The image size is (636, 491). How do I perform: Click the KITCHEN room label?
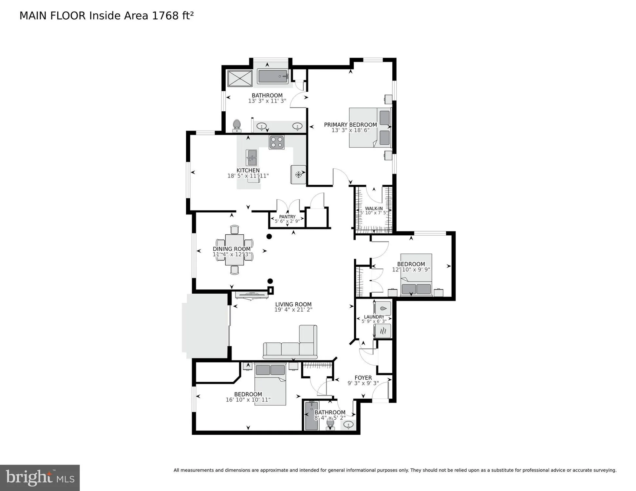click(248, 170)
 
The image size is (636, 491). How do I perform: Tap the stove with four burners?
click(277, 142)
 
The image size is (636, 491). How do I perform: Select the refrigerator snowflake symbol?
click(298, 174)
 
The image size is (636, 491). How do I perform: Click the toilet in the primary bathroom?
click(237, 126)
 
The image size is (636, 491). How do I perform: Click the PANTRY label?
click(287, 217)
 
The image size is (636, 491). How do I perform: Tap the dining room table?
click(234, 250)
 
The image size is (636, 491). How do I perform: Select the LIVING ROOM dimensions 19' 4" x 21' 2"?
click(293, 310)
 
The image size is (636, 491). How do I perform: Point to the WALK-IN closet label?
click(374, 209)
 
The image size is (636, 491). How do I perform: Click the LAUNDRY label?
click(374, 317)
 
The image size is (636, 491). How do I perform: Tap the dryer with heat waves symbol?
click(383, 331)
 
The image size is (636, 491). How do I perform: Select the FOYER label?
click(363, 378)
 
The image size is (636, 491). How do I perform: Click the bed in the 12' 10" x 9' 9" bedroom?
click(416, 275)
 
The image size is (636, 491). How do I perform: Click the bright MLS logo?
click(40, 478)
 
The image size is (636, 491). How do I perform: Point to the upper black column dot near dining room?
click(269, 236)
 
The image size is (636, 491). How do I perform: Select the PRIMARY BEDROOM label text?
click(350, 125)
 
